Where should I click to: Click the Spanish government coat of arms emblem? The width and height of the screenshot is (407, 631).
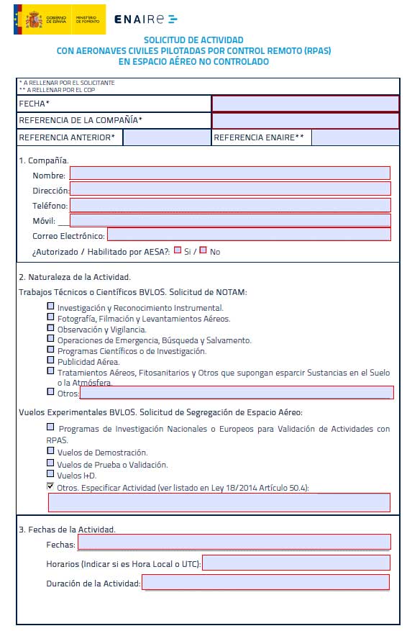coord(33,19)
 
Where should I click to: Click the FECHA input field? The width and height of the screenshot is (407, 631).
coord(305,104)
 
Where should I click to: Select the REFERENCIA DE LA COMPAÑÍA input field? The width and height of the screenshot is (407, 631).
coord(305,120)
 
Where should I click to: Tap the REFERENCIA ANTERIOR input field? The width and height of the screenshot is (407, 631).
coord(167,137)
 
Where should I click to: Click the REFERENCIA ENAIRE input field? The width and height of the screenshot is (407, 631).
coord(355,137)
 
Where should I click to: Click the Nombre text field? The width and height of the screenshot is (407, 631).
coord(229,173)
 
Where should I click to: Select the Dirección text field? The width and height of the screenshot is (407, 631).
coord(229,189)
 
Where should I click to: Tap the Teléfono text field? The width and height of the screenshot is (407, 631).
coord(229,205)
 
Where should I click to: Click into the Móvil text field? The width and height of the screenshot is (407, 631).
coord(229,220)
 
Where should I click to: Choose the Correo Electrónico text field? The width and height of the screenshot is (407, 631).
coord(248,235)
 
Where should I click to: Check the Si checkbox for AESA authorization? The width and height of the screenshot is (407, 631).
coord(178,250)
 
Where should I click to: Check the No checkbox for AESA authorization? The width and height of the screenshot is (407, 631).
coord(203,250)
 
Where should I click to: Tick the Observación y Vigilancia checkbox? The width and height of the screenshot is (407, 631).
coord(50,327)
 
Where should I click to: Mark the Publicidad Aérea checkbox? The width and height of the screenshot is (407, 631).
coord(50,360)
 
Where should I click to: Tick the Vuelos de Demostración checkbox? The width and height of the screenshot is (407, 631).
coord(50,451)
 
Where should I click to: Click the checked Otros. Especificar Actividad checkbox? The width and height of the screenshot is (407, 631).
coord(50,486)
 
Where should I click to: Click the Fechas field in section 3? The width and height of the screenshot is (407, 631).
coord(234,543)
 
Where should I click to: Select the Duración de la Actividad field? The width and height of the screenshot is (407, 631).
coord(265,582)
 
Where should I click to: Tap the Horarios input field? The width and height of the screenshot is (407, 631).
coord(296,563)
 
